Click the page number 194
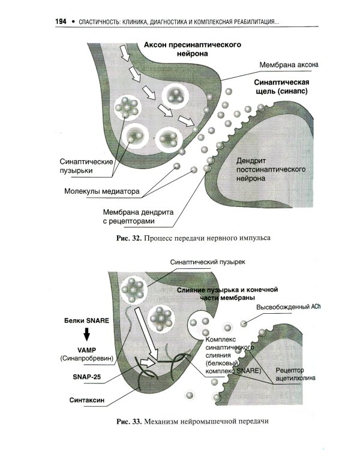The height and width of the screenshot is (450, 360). pos(61,22)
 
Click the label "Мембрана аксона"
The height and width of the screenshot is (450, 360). pos(292,64)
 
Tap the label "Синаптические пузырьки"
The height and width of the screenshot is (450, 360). pos(85,166)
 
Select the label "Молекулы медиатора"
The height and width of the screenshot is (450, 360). pos(102,193)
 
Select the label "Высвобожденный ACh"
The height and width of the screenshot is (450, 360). pos(289,307)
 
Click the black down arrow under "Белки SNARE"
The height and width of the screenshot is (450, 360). pos(86,334)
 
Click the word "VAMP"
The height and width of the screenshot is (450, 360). pos(86,349)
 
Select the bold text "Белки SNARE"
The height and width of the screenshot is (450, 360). pos(86,320)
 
